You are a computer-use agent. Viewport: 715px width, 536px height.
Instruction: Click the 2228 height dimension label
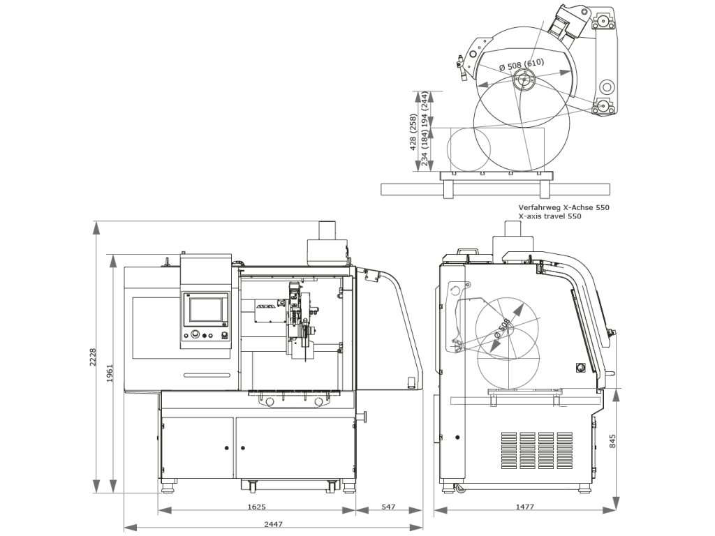pos(93,357)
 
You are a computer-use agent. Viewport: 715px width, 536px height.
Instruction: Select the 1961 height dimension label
pos(110,373)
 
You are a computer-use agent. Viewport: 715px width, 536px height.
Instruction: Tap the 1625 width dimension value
pos(256,507)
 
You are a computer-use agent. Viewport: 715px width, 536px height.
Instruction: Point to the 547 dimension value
pos(388,507)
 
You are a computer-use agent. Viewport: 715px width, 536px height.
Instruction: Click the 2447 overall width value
pos(274,524)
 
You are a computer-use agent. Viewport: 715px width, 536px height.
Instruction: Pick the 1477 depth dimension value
pos(524,507)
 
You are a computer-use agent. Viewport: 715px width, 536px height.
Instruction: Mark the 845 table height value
pos(612,441)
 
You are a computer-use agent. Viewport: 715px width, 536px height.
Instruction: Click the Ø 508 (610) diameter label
pos(522,64)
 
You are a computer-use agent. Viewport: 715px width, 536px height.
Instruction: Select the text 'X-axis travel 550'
pos(550,216)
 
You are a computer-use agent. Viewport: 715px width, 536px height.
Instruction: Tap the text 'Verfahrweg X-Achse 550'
pos(563,207)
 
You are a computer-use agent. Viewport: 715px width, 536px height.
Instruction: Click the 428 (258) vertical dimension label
pos(413,132)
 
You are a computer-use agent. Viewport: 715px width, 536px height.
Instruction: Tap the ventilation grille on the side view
pos(537,450)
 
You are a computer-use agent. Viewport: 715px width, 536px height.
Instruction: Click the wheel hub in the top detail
pos(522,82)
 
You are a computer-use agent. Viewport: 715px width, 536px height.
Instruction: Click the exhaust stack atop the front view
pos(327,230)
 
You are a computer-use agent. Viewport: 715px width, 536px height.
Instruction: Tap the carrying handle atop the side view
pos(468,251)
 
